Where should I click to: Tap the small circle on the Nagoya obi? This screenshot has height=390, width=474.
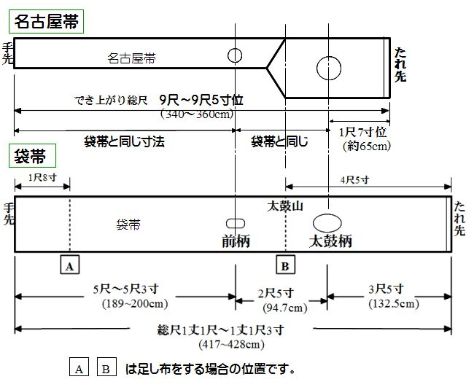(x=235, y=55)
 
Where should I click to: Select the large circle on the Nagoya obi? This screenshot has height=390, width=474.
(x=329, y=67)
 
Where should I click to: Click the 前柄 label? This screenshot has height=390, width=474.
(x=236, y=241)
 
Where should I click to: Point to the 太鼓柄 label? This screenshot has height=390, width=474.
(x=330, y=241)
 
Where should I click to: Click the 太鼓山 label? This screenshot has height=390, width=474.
(x=285, y=206)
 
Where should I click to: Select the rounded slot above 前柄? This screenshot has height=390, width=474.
(x=235, y=222)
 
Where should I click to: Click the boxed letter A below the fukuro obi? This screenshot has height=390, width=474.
(x=70, y=265)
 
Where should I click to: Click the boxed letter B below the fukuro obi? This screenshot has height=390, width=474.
(x=285, y=265)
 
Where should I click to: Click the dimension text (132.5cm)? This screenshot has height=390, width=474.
(x=393, y=304)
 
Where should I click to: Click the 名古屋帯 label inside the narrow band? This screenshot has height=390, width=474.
(x=131, y=58)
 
